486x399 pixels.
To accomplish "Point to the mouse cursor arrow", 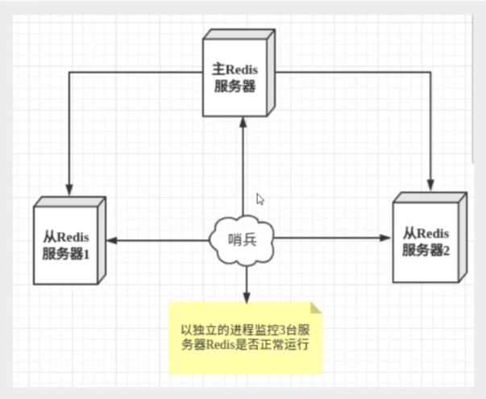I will click(x=260, y=198).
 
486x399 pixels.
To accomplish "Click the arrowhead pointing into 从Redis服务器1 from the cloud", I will click(x=112, y=239).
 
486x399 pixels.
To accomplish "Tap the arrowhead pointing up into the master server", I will click(x=243, y=119).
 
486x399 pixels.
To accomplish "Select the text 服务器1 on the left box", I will click(x=69, y=252).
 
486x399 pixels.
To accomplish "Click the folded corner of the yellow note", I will click(x=315, y=307).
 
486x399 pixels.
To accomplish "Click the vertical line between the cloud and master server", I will click(x=243, y=169).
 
